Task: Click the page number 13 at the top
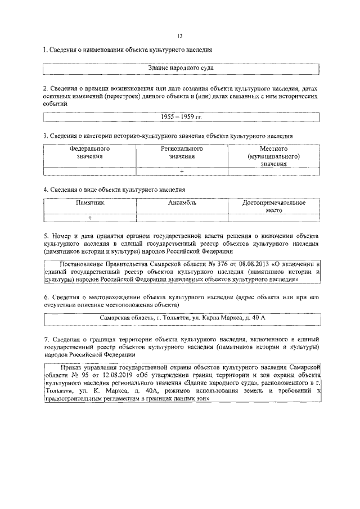[180, 35]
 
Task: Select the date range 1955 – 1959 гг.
[181, 117]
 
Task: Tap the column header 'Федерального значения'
[89, 153]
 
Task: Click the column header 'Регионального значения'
[182, 153]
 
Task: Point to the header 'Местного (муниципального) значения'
[274, 156]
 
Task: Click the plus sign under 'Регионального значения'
[182, 171]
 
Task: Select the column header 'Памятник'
[89, 202]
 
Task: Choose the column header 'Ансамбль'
[182, 202]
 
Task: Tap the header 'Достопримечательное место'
[274, 206]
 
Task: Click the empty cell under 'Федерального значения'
[89, 171]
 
